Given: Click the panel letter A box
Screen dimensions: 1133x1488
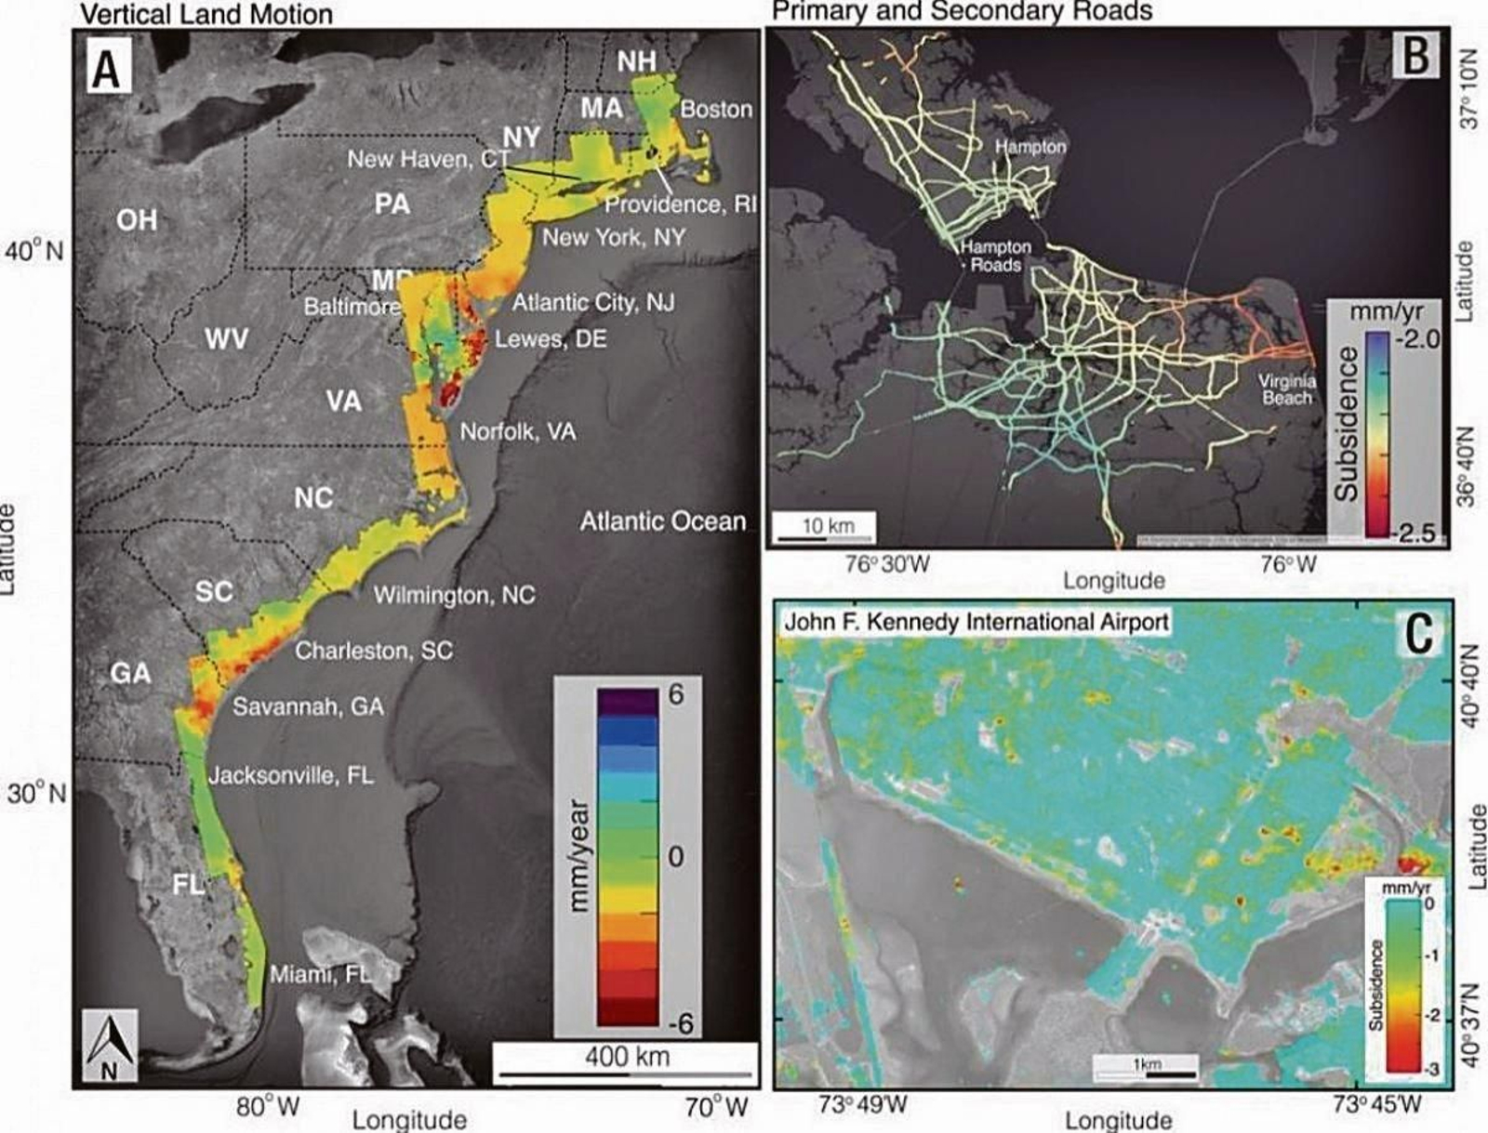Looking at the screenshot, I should click(109, 68).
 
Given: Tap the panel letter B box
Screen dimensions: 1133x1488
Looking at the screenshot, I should click(1415, 54).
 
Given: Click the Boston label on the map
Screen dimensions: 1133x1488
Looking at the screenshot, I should click(715, 109).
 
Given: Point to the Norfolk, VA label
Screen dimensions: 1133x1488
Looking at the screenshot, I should click(518, 431).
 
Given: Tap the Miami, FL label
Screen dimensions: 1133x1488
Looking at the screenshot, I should click(320, 974).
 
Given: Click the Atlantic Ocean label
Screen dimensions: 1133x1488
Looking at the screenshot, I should click(662, 521).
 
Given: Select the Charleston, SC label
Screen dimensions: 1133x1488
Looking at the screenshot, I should click(374, 651).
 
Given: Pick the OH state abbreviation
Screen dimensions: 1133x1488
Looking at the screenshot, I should click(137, 220).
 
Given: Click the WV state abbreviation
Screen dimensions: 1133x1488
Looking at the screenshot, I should click(226, 338).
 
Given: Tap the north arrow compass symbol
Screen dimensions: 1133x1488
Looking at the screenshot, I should click(110, 1046).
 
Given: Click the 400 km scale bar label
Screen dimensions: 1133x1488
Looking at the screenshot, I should click(627, 1057).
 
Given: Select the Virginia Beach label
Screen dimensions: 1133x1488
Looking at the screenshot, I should click(1287, 389).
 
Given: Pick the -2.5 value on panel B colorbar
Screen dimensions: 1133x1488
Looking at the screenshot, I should click(1415, 534).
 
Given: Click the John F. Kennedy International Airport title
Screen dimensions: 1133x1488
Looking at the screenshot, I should click(976, 621).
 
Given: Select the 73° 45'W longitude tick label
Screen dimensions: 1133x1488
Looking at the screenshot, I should click(1376, 1105).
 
